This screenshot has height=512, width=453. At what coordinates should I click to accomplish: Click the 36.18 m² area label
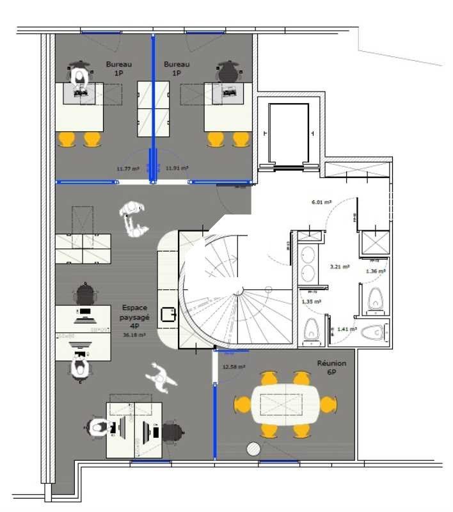(x=134, y=335)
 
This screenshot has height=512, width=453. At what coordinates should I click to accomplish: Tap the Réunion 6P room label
(x=331, y=367)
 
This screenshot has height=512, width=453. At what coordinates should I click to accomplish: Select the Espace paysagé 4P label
(x=134, y=316)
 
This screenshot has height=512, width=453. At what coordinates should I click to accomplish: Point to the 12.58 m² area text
(x=233, y=367)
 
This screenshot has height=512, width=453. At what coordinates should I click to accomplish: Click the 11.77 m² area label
(x=128, y=169)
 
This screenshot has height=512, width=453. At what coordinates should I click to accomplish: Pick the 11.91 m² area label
(x=177, y=168)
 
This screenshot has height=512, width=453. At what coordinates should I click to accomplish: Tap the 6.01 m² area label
(x=321, y=202)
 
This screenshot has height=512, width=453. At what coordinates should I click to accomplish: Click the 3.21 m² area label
(x=338, y=267)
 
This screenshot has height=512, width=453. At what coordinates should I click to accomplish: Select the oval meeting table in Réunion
(x=284, y=404)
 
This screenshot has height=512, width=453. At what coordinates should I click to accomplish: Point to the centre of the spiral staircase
(x=238, y=292)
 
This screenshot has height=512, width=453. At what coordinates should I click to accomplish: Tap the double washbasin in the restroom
(x=308, y=263)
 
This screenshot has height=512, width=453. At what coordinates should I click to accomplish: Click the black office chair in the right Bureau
(x=228, y=72)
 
